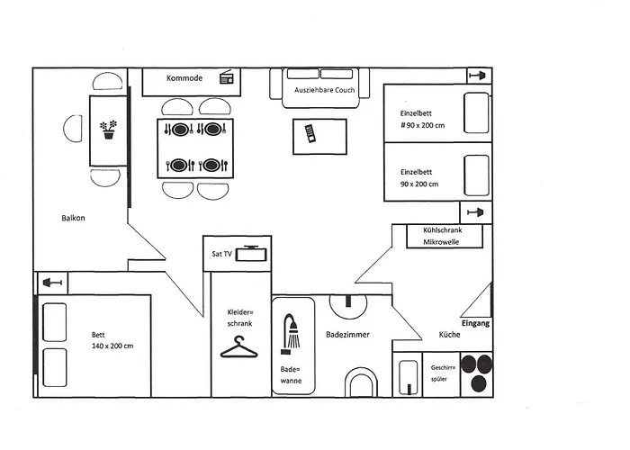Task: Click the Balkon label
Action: pyautogui.click(x=74, y=218)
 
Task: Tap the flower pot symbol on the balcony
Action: pyautogui.click(x=109, y=130)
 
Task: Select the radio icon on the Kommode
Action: pyautogui.click(x=225, y=78)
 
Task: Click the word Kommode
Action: pyautogui.click(x=184, y=79)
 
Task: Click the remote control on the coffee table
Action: pyautogui.click(x=310, y=133)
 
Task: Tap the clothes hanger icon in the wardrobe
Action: pyautogui.click(x=238, y=346)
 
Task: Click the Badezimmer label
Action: pyautogui.click(x=347, y=335)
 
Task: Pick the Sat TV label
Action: pyautogui.click(x=221, y=255)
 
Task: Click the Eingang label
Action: pyautogui.click(x=475, y=323)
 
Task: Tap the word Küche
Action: pyautogui.click(x=449, y=335)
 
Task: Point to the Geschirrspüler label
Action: pyautogui.click(x=443, y=373)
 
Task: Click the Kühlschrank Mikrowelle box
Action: pyautogui.click(x=440, y=237)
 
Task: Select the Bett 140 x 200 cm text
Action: pyautogui.click(x=112, y=340)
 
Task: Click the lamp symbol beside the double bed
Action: pyautogui.click(x=52, y=283)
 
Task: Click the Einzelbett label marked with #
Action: pyautogui.click(x=422, y=120)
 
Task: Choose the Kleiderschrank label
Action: pyautogui.click(x=239, y=317)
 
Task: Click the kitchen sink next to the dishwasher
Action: pyautogui.click(x=409, y=376)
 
